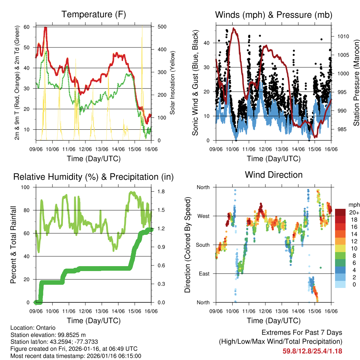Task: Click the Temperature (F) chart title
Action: tap(94, 14)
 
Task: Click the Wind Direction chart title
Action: tap(274, 174)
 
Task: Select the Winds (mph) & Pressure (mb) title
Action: tap(274, 15)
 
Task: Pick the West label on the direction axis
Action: tap(203, 216)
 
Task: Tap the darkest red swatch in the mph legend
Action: tap(340, 212)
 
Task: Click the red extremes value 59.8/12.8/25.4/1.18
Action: tap(312, 351)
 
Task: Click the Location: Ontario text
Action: tap(33, 328)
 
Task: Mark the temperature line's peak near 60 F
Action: tap(45, 28)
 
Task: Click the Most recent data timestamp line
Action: tap(76, 356)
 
